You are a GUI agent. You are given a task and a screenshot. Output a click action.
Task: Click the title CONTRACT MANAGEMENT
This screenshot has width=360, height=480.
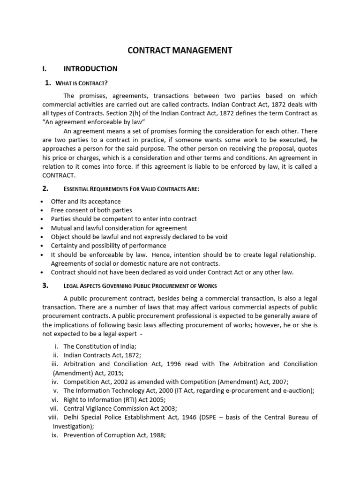pos(180,50)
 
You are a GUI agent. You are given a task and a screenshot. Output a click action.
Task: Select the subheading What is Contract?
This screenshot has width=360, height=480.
pos(82,83)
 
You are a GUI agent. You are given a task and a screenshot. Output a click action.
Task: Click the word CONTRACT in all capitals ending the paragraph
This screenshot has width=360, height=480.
pos(59,174)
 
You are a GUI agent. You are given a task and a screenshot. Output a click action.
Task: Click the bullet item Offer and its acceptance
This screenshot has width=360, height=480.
pos(86,202)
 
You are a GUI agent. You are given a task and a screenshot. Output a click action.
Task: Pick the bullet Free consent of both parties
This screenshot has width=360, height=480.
pos(91,210)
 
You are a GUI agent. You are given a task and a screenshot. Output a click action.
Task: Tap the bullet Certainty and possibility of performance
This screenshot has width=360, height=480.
pos(108,246)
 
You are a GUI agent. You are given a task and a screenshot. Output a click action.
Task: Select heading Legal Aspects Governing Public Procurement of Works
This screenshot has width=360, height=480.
pos(140,286)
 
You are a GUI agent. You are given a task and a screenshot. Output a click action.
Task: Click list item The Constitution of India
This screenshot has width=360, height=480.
pos(100,346)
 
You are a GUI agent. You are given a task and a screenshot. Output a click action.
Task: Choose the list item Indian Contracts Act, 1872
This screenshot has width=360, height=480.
pos(102,355)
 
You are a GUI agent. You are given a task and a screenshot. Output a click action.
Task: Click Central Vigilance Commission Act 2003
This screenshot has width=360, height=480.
pos(120,408)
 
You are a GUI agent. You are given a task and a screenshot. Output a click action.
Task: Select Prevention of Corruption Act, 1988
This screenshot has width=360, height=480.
pos(115,435)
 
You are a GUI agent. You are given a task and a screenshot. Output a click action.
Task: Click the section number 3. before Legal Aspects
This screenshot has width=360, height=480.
pos(45,285)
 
